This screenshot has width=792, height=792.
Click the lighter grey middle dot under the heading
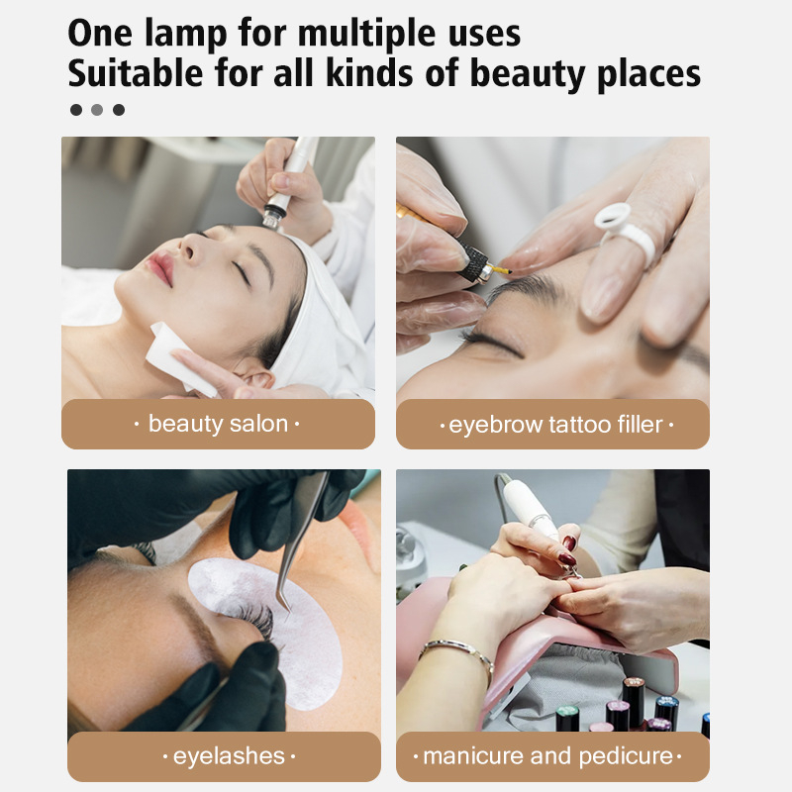tap(97, 110)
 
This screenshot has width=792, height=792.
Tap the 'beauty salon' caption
tap(218, 425)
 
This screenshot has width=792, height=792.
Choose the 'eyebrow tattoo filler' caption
tap(555, 426)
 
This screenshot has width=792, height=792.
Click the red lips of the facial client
tap(160, 266)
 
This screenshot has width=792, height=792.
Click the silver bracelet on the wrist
tap(456, 652)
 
